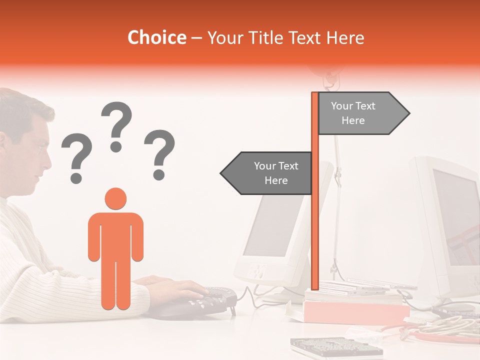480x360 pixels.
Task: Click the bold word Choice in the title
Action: click(156, 38)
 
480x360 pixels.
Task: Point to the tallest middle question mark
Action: click(116, 125)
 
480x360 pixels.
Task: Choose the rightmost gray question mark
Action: click(159, 153)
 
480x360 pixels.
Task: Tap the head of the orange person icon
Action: click(115, 198)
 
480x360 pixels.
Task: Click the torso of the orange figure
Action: click(115, 235)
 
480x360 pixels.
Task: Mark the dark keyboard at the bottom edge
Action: click(330, 347)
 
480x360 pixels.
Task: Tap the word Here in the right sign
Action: click(353, 120)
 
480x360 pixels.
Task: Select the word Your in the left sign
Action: click(265, 166)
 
